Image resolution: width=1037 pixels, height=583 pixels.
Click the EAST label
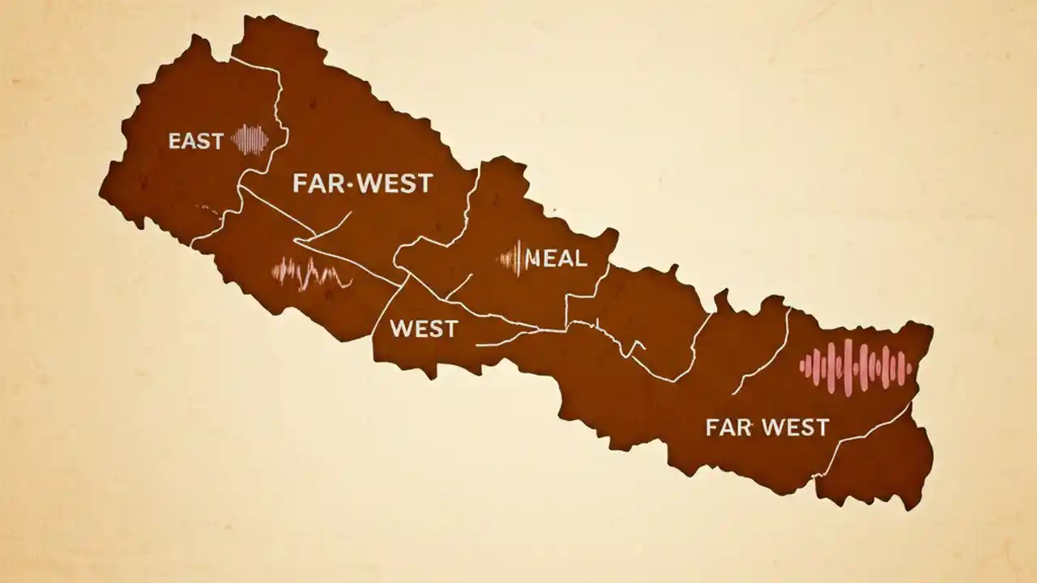click(x=195, y=142)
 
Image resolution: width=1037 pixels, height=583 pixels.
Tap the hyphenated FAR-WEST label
click(x=362, y=183)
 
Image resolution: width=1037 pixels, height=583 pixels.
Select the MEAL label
click(x=556, y=259)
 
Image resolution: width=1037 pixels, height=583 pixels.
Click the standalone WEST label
click(x=424, y=329)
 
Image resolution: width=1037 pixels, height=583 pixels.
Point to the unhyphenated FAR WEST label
click(x=766, y=427)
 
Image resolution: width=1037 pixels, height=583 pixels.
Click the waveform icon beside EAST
click(x=250, y=139)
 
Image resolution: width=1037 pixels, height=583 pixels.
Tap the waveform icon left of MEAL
click(x=512, y=259)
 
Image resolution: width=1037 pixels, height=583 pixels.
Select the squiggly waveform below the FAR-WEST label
click(x=311, y=274)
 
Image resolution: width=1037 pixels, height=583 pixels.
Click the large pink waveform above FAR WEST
click(x=856, y=366)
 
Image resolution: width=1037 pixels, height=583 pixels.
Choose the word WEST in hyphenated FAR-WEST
click(x=394, y=183)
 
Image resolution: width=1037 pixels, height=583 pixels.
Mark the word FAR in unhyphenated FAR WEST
click(x=724, y=427)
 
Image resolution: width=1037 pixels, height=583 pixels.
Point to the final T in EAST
click(x=216, y=142)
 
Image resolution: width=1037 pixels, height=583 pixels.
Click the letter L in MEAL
click(x=580, y=259)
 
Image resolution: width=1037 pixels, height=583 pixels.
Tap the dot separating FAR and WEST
click(x=350, y=185)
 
